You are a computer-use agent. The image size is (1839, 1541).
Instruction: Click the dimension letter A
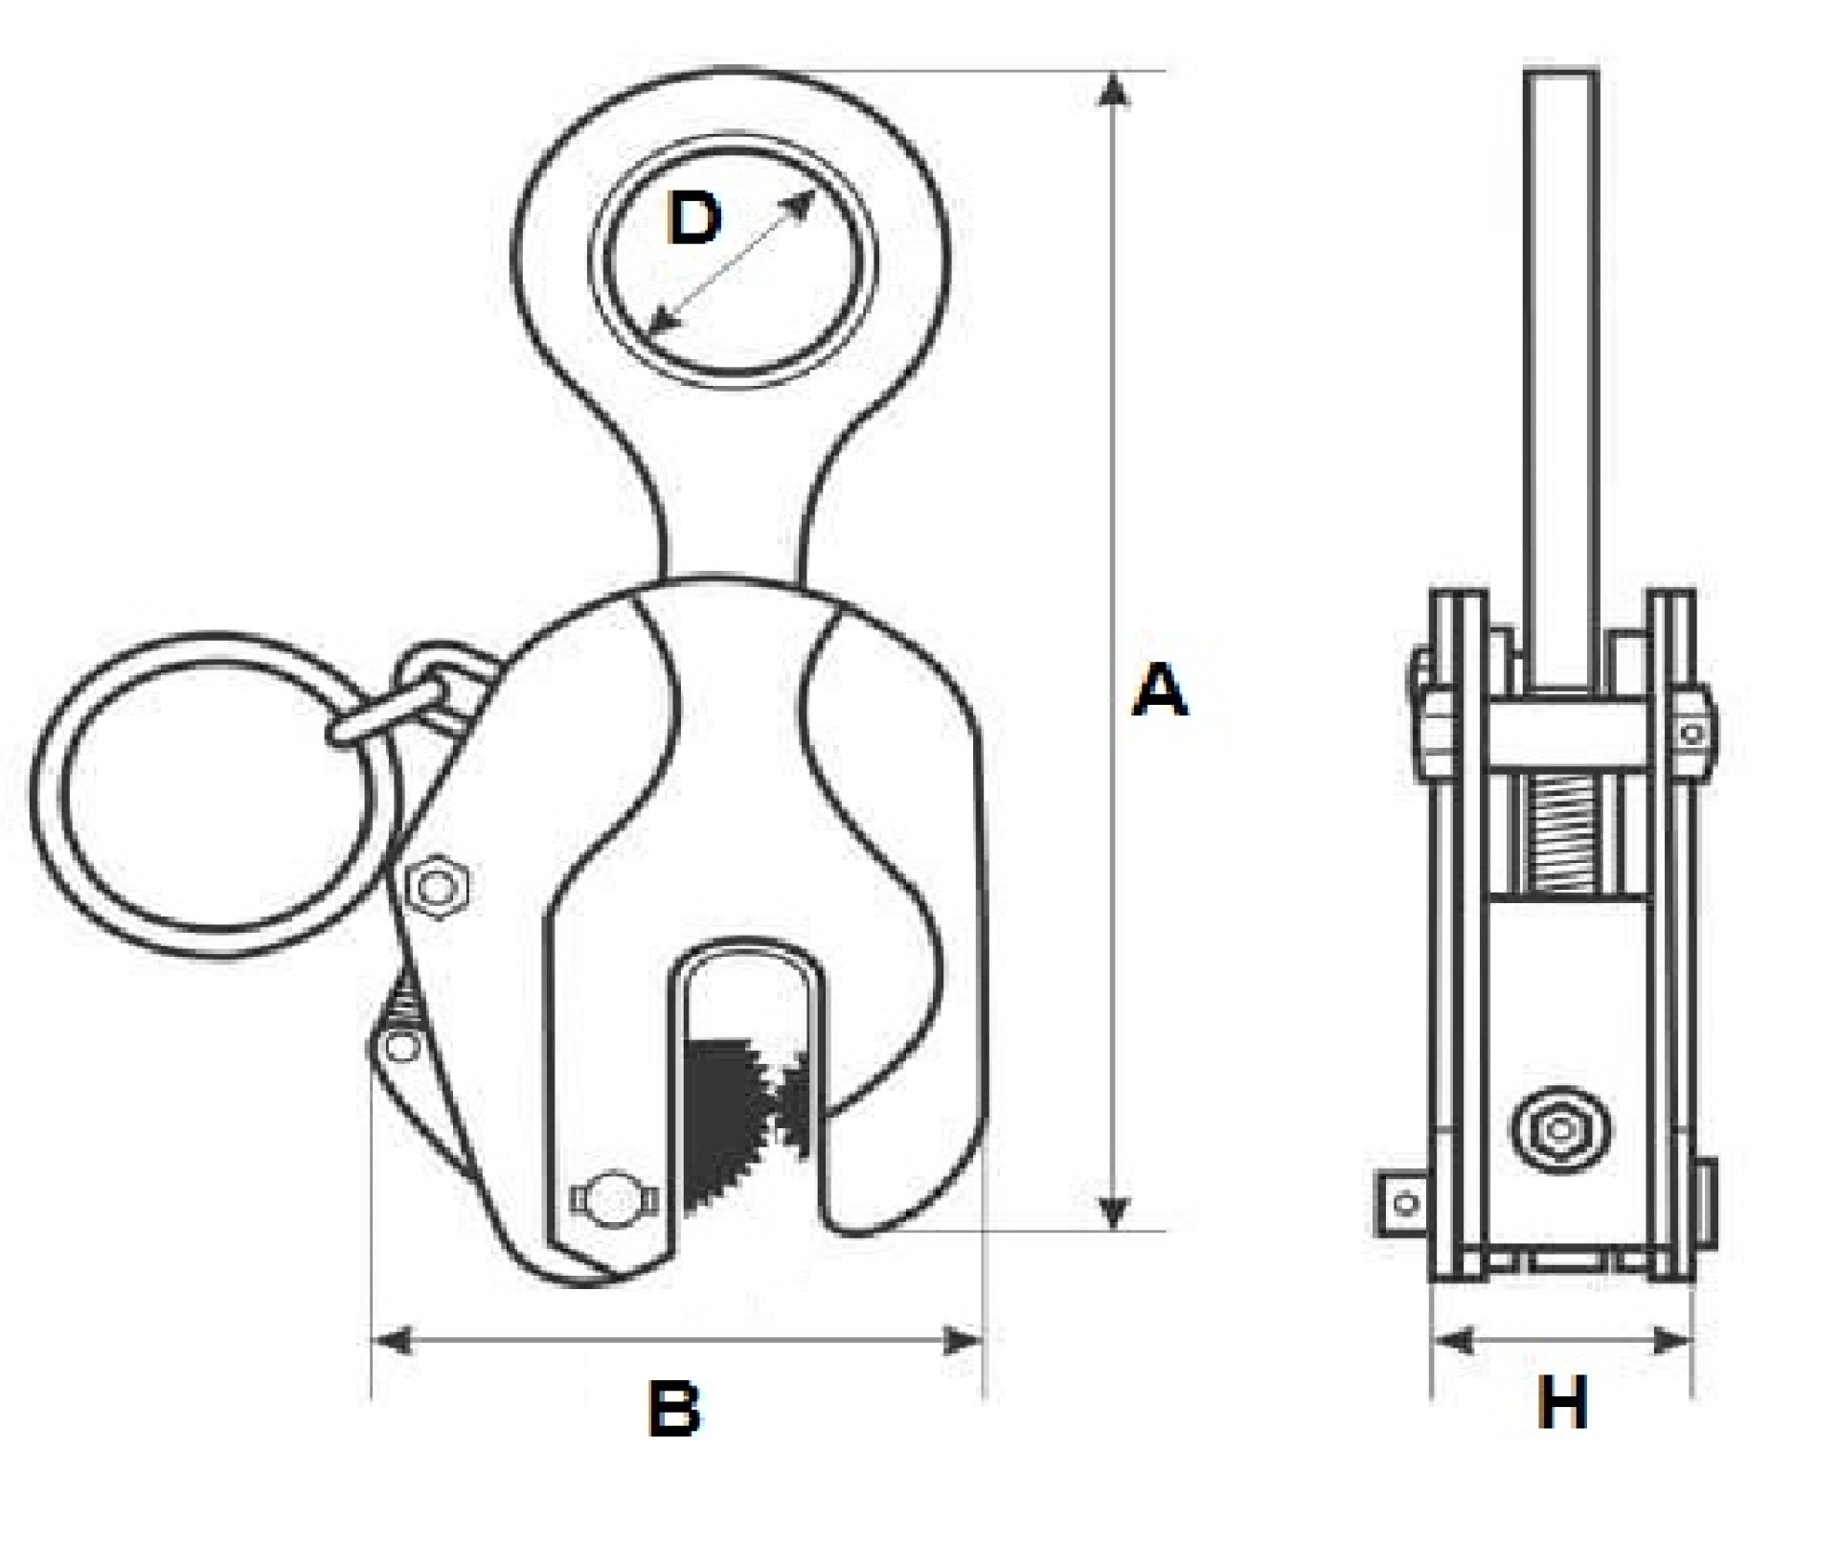click(x=1159, y=691)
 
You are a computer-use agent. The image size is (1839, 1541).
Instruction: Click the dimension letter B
click(x=674, y=1408)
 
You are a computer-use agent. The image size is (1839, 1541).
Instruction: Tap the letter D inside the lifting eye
click(x=693, y=218)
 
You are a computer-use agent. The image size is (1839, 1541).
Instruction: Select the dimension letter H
click(x=1562, y=1403)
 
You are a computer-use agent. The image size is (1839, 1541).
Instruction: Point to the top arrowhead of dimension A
click(x=1112, y=89)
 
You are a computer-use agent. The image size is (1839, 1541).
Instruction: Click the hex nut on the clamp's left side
click(x=437, y=887)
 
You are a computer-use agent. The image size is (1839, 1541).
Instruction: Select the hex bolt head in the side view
click(x=1560, y=1130)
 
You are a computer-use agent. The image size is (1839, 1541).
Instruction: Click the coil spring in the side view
click(x=1561, y=831)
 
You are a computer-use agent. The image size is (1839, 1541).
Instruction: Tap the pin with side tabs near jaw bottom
click(x=614, y=1198)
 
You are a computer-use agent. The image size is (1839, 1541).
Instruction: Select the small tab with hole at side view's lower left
click(x=1403, y=1203)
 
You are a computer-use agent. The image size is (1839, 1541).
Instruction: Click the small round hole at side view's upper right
click(x=1692, y=735)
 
